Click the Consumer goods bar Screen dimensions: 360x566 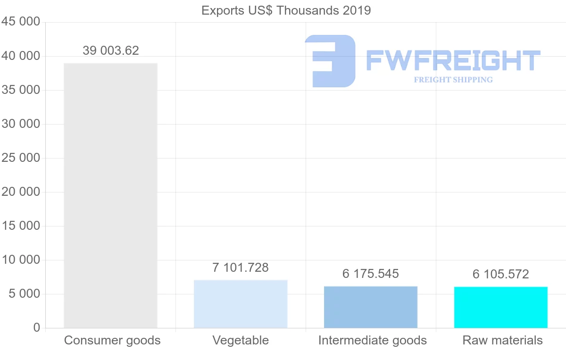pyautogui.click(x=110, y=195)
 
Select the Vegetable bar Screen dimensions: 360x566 pyautogui.click(x=241, y=304)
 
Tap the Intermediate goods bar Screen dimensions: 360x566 pyautogui.click(x=371, y=307)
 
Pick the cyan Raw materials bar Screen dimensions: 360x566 pyautogui.click(x=501, y=307)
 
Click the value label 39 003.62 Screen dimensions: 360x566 pyautogui.click(x=111, y=50)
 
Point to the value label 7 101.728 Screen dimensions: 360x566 pyautogui.click(x=241, y=268)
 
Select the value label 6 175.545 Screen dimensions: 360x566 pyautogui.click(x=371, y=274)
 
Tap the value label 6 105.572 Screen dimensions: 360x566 pyautogui.click(x=501, y=274)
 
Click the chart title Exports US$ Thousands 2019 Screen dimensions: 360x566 pyautogui.click(x=286, y=10)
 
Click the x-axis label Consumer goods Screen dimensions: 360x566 pyautogui.click(x=112, y=340)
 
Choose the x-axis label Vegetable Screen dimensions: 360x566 pyautogui.click(x=241, y=340)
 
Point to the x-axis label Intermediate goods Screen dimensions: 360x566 pyautogui.click(x=373, y=340)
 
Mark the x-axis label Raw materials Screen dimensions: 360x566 pyautogui.click(x=503, y=340)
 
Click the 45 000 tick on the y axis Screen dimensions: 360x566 pyautogui.click(x=21, y=22)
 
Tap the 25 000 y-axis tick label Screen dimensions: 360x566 pyautogui.click(x=21, y=158)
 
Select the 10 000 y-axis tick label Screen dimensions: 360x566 pyautogui.click(x=21, y=260)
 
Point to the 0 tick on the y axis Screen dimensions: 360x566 pyautogui.click(x=37, y=328)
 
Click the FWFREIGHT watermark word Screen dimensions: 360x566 pyautogui.click(x=453, y=60)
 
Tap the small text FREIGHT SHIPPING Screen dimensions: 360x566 pyautogui.click(x=453, y=80)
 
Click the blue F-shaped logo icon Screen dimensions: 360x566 pyautogui.click(x=330, y=61)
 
